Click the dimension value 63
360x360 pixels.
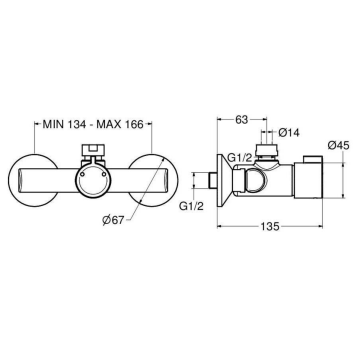pos(242,120)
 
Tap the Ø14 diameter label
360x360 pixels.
pos(288,132)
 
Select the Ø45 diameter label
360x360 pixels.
pos(338,145)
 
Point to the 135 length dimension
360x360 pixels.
pos(270,227)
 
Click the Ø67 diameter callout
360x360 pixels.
pos(114,220)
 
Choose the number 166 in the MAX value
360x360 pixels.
pos(134,124)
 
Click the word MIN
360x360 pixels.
pos(55,124)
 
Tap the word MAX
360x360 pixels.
pos(109,124)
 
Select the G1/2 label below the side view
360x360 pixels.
pos(191,207)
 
